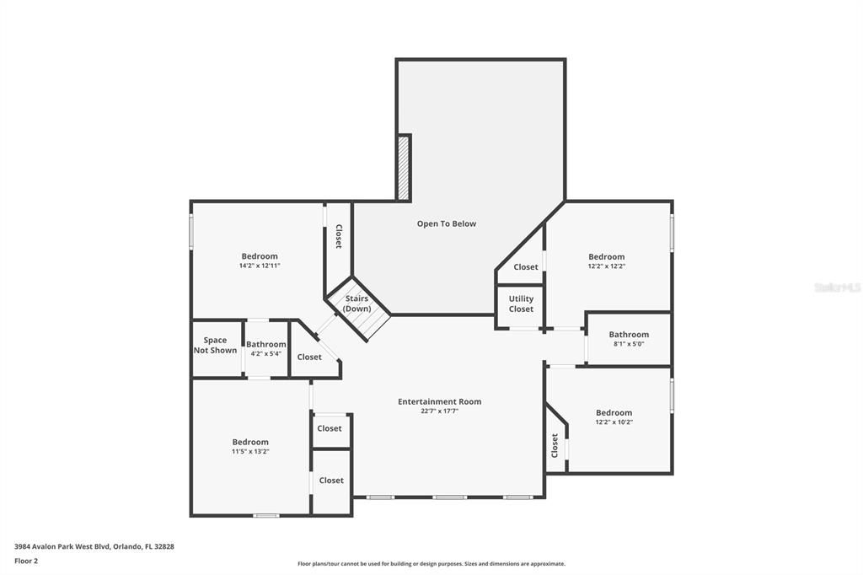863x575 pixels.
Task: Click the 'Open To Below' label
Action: pos(446,223)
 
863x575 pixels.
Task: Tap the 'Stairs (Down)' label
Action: pos(357,304)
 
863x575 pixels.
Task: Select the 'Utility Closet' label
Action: pos(521,304)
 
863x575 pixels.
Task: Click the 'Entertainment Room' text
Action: pos(439,401)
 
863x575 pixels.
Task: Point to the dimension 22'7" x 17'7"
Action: pos(439,411)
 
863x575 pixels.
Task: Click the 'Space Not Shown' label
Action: pos(215,345)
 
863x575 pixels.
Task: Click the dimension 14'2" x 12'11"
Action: pos(259,266)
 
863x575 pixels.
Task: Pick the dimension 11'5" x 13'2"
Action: pos(250,452)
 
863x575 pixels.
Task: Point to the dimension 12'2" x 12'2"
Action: pos(606,266)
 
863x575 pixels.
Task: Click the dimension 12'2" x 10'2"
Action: pos(614,422)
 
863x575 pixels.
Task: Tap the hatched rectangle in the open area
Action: pos(404,167)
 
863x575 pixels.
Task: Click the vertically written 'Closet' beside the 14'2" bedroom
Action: pos(338,236)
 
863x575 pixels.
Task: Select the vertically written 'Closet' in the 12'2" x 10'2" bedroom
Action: pos(555,445)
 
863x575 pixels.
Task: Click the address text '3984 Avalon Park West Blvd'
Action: pos(67,546)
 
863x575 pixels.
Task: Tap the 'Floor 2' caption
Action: pos(26,561)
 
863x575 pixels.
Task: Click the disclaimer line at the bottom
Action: pos(431,564)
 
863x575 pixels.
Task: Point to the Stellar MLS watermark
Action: pos(836,287)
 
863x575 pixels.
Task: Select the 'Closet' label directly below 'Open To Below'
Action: pos(526,267)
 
